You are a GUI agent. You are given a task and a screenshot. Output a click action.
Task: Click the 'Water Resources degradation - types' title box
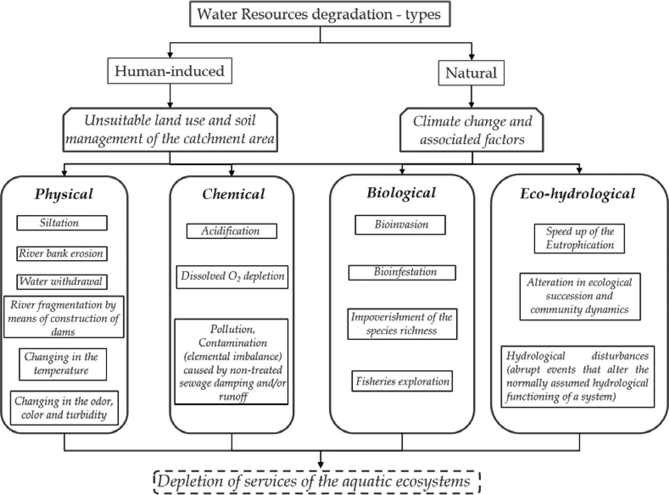(320, 14)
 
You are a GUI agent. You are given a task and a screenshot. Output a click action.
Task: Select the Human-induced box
(169, 71)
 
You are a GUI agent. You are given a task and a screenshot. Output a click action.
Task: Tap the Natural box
(471, 73)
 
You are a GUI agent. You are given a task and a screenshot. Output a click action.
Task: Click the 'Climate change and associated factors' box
(472, 130)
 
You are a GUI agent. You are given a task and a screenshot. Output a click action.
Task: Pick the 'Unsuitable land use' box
(170, 130)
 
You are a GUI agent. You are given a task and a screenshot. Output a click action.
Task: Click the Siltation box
(62, 223)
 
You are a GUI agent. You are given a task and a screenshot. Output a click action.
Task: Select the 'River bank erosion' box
(62, 254)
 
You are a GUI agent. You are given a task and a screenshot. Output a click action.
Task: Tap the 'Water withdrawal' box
(62, 282)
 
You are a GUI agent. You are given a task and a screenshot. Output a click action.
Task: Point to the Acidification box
(232, 231)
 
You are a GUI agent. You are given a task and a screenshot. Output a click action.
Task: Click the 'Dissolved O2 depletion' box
(232, 277)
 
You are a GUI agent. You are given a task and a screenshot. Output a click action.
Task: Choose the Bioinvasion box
(400, 225)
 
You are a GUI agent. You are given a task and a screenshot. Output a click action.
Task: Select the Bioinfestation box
(402, 272)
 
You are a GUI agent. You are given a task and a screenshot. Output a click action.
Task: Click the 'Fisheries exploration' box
(402, 381)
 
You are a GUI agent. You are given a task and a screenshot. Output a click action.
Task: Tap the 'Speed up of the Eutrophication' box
(579, 238)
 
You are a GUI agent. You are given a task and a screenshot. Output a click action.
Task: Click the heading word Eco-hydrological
(578, 194)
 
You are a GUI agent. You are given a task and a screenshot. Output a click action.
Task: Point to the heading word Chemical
(233, 194)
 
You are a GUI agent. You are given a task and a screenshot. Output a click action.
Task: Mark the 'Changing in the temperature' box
(63, 364)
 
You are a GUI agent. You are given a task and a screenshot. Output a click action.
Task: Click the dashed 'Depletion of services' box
(317, 482)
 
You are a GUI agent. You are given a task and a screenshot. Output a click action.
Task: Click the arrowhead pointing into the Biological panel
(402, 171)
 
